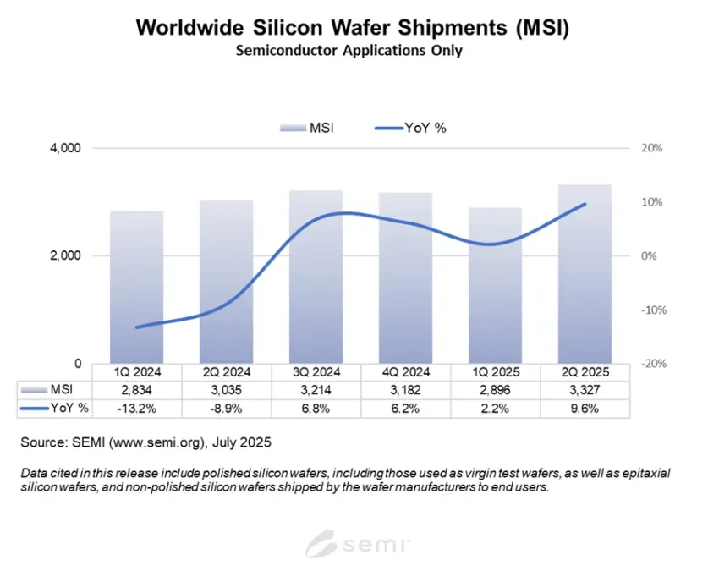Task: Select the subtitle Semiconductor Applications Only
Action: click(349, 51)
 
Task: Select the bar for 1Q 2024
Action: click(136, 288)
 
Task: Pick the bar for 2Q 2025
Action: click(585, 274)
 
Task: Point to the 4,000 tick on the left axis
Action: click(65, 148)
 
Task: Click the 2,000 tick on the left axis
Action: click(65, 255)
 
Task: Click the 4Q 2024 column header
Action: click(405, 372)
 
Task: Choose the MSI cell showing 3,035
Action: click(226, 390)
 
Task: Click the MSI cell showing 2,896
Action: click(495, 390)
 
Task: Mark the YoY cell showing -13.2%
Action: click(136, 409)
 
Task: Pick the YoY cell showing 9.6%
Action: click(585, 409)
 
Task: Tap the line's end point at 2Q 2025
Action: click(585, 204)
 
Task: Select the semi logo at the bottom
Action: click(359, 542)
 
